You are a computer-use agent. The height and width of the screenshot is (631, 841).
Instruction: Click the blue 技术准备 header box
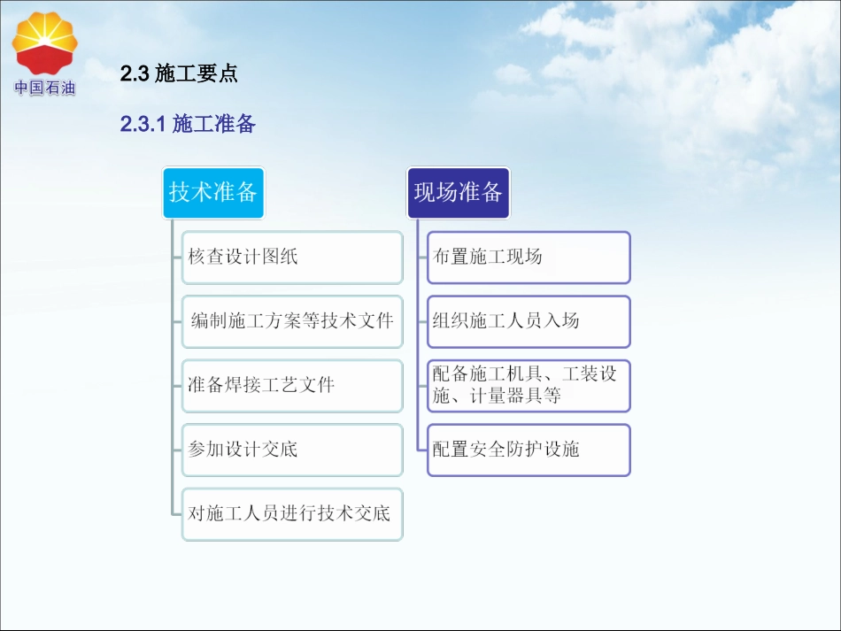(x=212, y=192)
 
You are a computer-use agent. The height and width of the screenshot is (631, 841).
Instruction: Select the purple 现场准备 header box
(x=458, y=192)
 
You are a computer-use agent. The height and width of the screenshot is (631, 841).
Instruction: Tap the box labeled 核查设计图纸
(x=292, y=258)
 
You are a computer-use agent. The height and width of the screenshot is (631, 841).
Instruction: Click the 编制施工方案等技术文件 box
(x=292, y=321)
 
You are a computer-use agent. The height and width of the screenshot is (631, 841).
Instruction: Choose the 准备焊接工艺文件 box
(x=292, y=386)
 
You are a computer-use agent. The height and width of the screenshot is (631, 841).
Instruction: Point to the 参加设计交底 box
(x=292, y=450)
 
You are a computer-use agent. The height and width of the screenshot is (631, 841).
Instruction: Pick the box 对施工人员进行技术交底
(x=292, y=513)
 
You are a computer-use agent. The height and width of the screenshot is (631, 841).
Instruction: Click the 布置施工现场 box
(x=529, y=258)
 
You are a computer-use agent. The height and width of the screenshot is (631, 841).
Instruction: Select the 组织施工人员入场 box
(x=529, y=321)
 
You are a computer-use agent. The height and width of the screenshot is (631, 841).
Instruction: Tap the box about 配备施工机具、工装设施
(x=529, y=386)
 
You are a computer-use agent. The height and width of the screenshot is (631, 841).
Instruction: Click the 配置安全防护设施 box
(x=529, y=450)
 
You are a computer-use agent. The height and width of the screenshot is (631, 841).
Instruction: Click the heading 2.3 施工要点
(x=179, y=74)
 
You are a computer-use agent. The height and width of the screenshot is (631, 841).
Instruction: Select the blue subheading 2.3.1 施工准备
(x=188, y=125)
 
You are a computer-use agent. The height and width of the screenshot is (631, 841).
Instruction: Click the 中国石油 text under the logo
(x=44, y=88)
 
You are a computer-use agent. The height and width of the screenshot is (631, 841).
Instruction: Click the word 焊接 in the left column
(x=243, y=386)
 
